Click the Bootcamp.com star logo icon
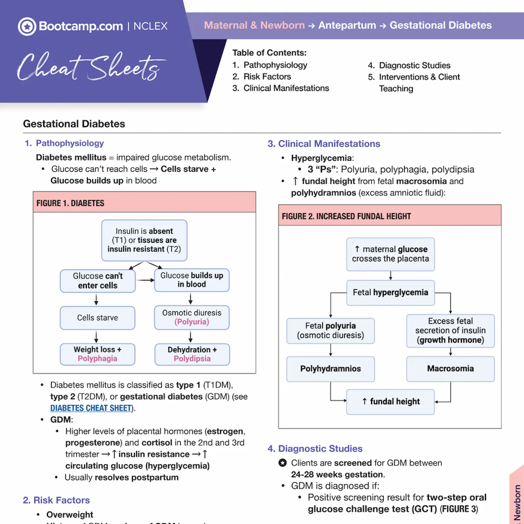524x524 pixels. click(x=27, y=27)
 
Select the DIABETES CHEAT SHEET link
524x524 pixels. click(x=91, y=408)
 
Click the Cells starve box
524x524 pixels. click(x=97, y=318)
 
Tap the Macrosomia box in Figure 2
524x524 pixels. click(x=450, y=369)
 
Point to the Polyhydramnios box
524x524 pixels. click(x=330, y=369)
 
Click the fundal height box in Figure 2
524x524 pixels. click(x=390, y=402)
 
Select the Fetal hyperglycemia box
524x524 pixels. click(x=390, y=292)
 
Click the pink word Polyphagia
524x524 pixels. click(x=97, y=359)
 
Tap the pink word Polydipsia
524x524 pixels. click(x=192, y=359)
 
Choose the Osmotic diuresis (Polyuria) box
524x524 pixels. click(x=192, y=317)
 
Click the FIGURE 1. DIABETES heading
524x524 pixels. click(x=70, y=203)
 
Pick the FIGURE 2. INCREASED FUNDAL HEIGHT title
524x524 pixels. click(x=346, y=216)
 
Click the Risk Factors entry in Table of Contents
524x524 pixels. click(x=267, y=77)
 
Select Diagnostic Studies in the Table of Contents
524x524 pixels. click(x=414, y=65)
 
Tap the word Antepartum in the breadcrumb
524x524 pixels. click(x=347, y=25)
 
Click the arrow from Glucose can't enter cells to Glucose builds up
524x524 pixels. click(x=145, y=280)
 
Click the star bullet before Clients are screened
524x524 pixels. click(x=282, y=463)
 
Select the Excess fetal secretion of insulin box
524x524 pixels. click(x=450, y=330)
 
